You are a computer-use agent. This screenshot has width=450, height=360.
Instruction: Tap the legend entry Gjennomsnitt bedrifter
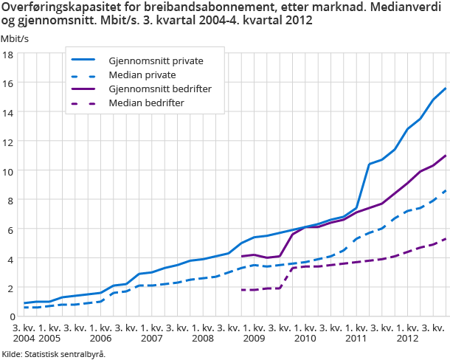coord(160,89)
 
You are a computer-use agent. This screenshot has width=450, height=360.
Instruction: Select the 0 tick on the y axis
coord(10,316)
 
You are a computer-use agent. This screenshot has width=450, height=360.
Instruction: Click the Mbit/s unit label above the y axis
coord(15,38)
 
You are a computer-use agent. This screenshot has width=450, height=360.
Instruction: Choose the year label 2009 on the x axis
coord(254,337)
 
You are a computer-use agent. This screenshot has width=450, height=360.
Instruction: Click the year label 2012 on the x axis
coord(407,337)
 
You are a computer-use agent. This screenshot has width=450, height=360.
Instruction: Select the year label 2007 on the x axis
coord(152,337)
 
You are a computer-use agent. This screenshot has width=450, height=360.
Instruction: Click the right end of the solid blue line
coord(446,89)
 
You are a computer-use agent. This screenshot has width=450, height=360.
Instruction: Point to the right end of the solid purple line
coord(446,156)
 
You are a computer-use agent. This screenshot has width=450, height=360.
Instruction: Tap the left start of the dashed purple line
coord(242,290)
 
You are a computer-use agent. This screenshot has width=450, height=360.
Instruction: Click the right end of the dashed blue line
coord(446,190)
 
